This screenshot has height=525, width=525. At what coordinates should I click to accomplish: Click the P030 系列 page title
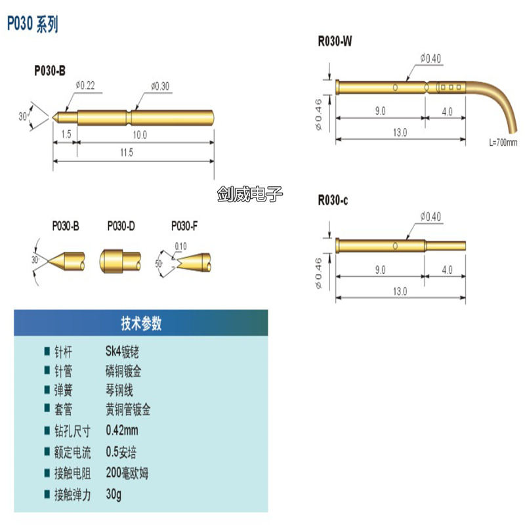32,25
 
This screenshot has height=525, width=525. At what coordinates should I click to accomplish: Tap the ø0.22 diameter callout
86,85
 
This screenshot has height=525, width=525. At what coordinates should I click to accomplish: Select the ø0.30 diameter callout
160,86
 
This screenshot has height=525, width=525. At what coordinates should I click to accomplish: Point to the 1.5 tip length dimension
66,134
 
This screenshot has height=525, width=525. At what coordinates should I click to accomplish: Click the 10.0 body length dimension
140,134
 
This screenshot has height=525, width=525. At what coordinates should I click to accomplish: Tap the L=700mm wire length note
503,142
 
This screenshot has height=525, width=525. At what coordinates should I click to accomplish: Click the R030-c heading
333,201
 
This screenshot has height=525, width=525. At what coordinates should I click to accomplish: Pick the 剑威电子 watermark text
249,194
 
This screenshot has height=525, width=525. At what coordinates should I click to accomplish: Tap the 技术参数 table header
141,324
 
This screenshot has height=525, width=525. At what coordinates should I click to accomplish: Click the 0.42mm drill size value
122,430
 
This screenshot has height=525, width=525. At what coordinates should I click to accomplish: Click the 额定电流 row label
73,452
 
